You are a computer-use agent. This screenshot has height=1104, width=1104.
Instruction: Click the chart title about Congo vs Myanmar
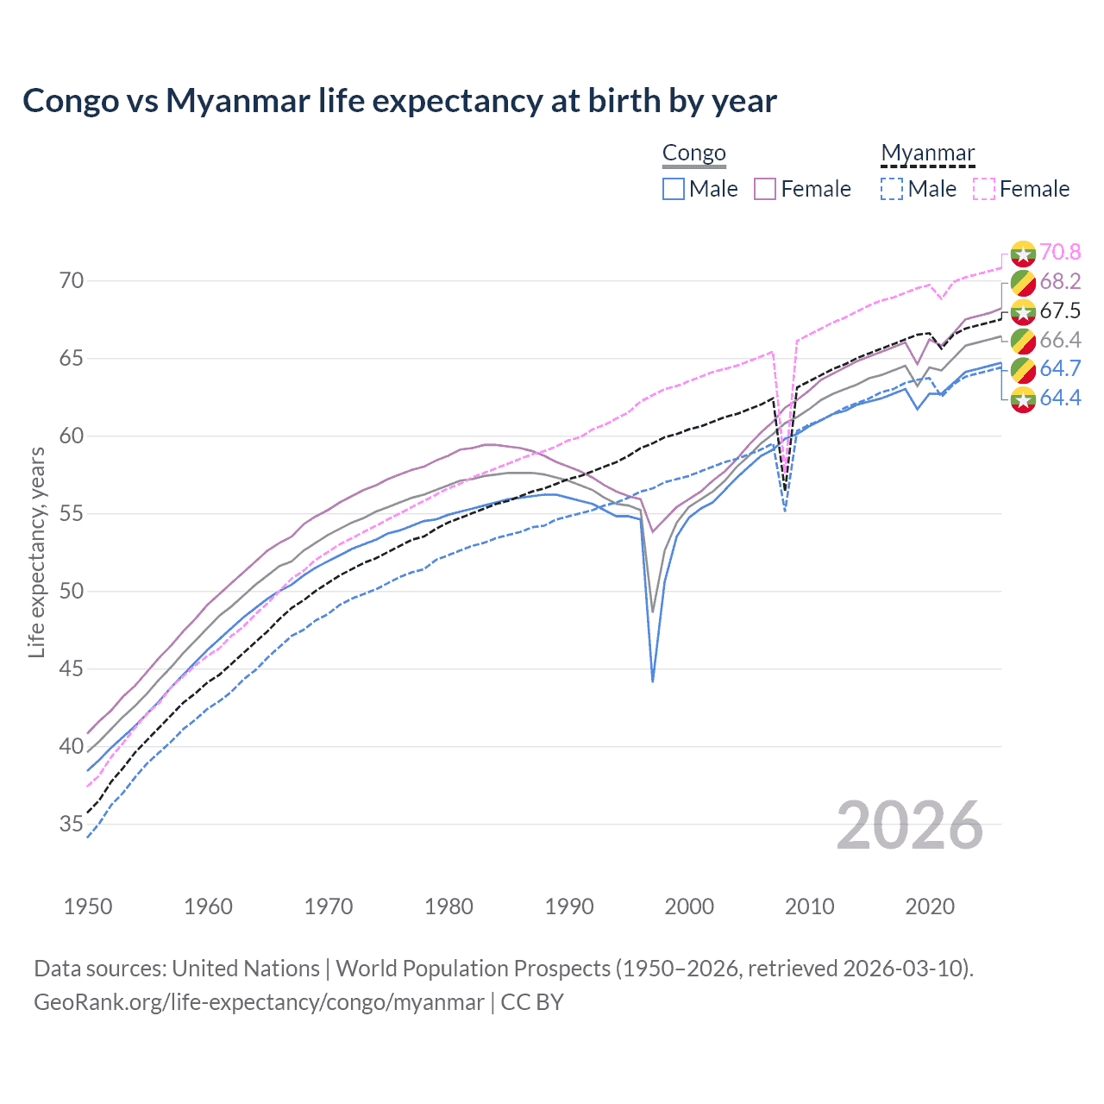399,101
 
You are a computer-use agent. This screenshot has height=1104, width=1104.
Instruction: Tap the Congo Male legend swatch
674,189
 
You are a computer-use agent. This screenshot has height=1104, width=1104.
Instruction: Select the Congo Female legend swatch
765,189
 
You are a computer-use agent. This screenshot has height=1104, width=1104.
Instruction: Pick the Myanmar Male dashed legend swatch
892,189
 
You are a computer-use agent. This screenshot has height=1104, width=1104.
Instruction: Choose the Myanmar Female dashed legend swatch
984,189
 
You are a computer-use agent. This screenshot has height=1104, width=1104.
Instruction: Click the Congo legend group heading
693,154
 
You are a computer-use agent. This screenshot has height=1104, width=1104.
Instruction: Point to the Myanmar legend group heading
927,154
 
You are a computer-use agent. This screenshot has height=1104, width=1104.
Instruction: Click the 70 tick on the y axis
72,281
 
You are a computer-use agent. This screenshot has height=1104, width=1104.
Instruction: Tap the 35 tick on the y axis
72,825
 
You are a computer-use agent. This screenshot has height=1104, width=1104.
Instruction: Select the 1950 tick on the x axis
88,906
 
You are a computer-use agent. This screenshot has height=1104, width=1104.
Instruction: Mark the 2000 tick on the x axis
690,906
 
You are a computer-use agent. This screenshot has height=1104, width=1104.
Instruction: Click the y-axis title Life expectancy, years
36,552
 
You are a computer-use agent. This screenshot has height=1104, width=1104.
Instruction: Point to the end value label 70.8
1060,252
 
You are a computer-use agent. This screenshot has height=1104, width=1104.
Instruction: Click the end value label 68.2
1060,281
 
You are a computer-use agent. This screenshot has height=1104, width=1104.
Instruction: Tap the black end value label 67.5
1060,310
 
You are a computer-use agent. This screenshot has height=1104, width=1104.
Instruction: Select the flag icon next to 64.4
1023,398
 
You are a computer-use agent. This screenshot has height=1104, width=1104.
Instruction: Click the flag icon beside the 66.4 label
1023,340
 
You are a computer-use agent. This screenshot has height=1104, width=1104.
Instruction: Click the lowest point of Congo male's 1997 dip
653,681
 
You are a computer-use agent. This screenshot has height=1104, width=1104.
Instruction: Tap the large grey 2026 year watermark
909,825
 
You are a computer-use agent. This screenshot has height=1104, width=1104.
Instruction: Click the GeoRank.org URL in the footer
259,1002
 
